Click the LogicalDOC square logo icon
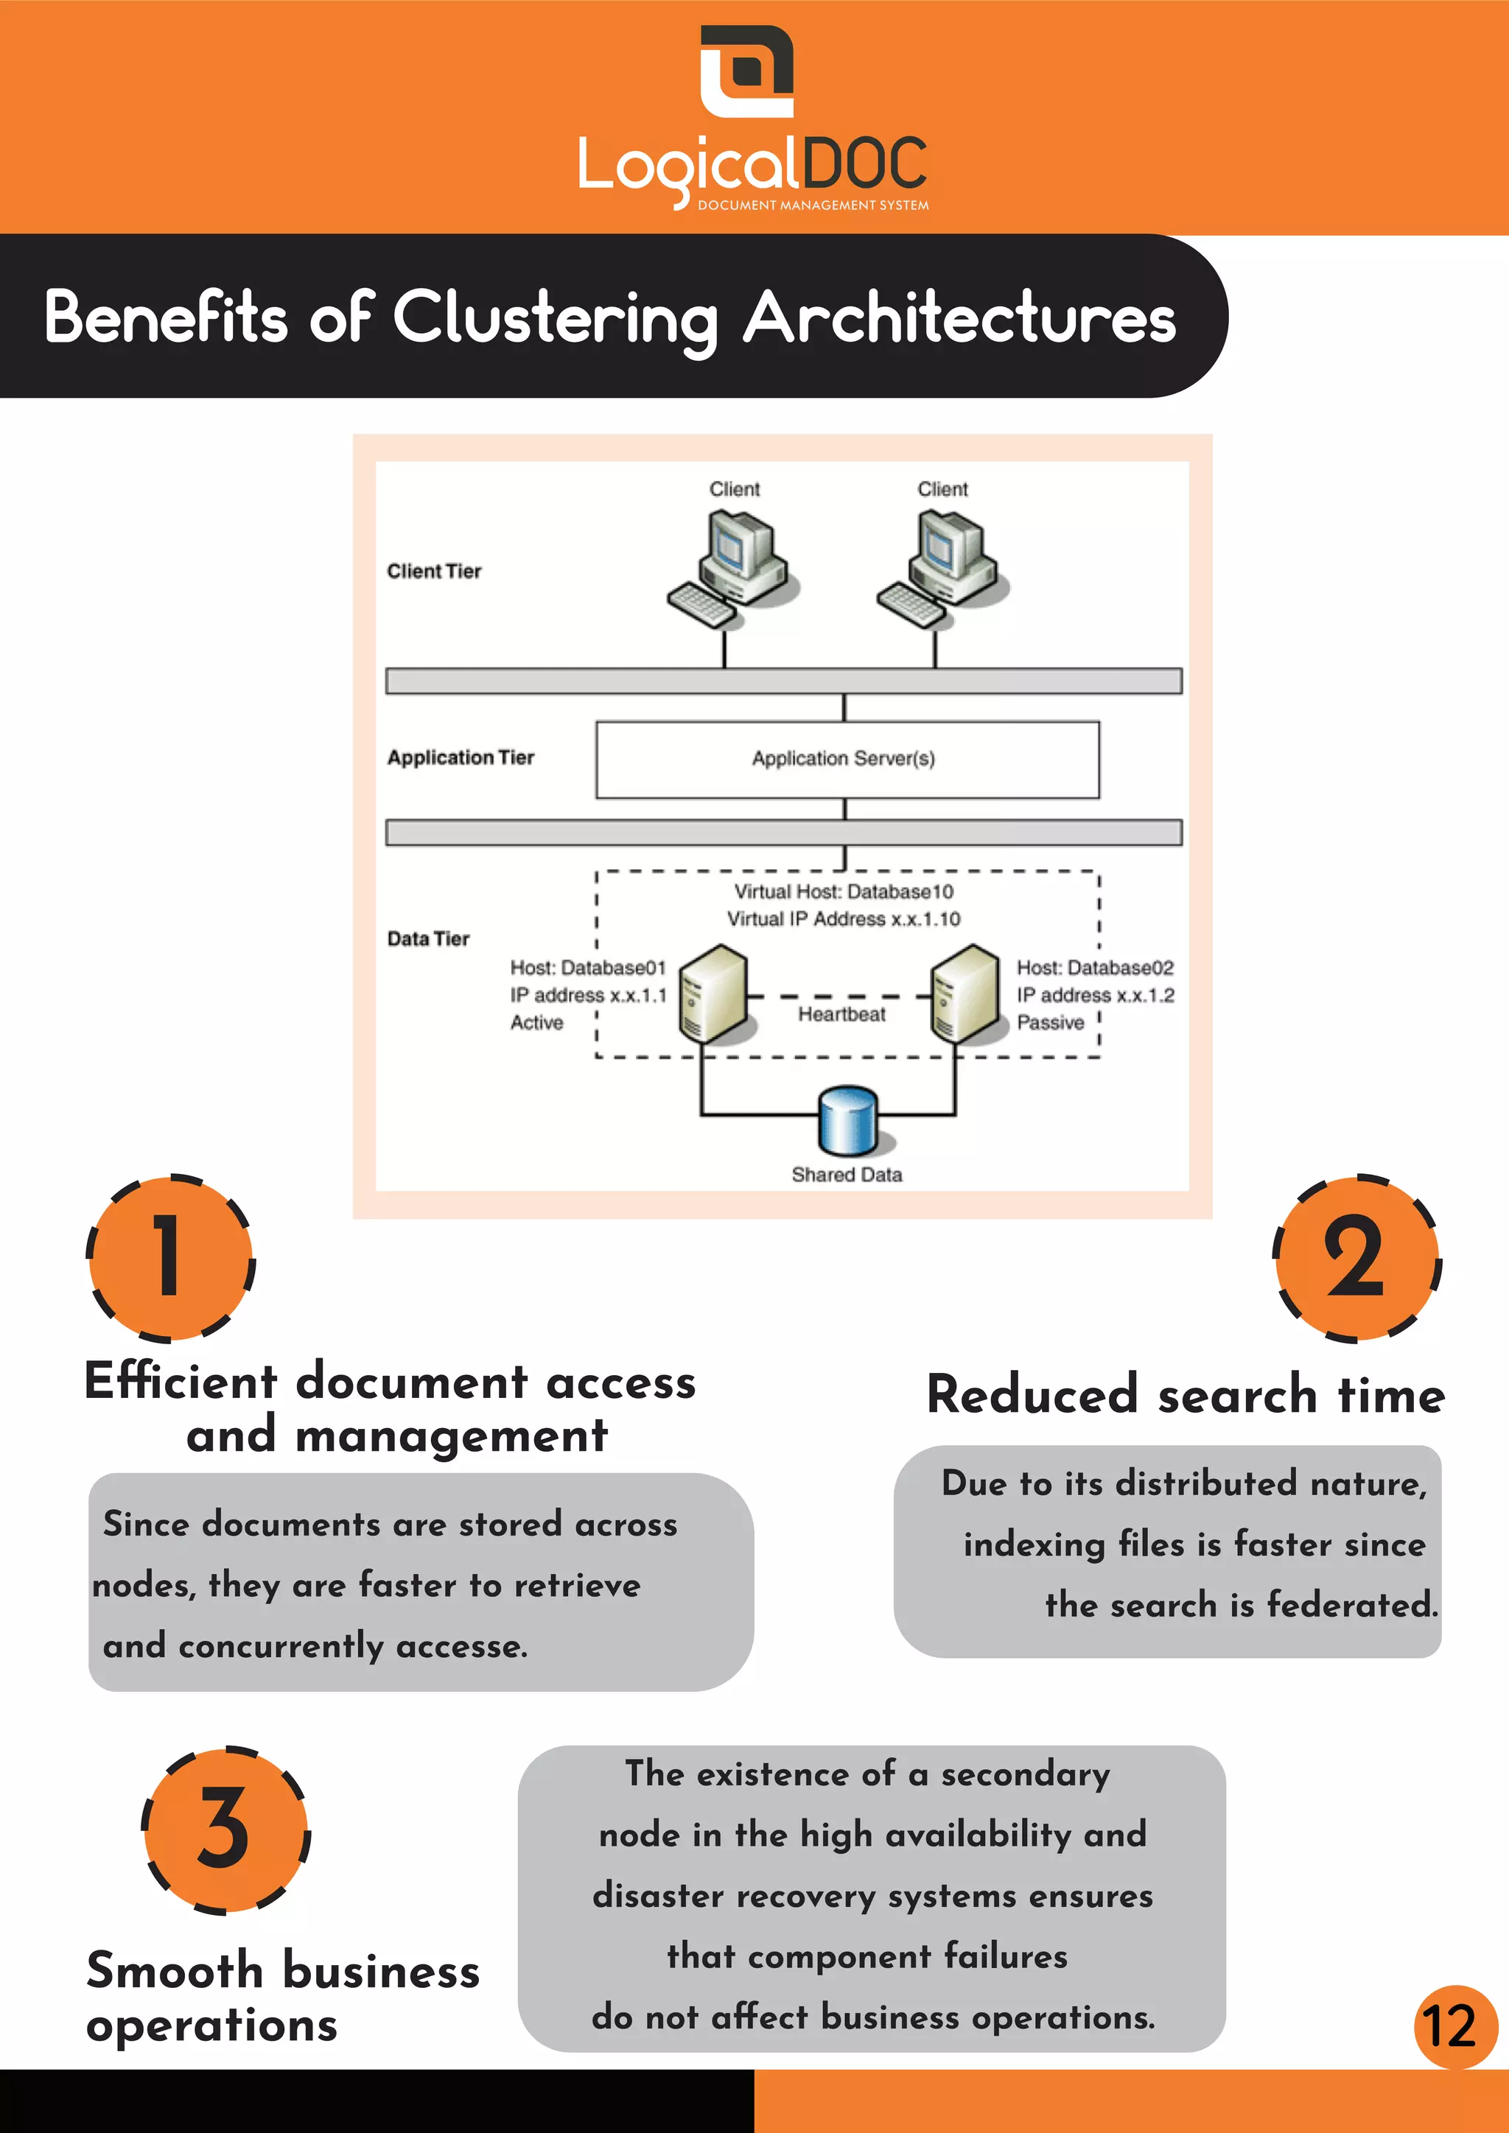[x=746, y=71]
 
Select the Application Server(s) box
[x=847, y=759]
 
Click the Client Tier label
[x=434, y=572]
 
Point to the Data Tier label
[x=428, y=938]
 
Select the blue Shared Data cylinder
[x=847, y=1120]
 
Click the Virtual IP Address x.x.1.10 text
[x=843, y=918]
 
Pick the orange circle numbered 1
[x=170, y=1257]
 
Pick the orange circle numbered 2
[x=1356, y=1257]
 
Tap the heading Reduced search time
[x=1186, y=1396]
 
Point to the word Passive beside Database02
[x=1050, y=1023]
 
